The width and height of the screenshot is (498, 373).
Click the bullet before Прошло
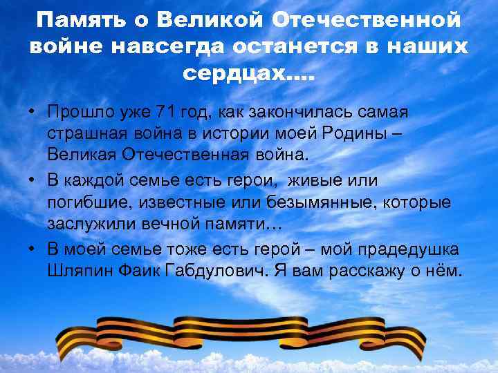click(x=33, y=112)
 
